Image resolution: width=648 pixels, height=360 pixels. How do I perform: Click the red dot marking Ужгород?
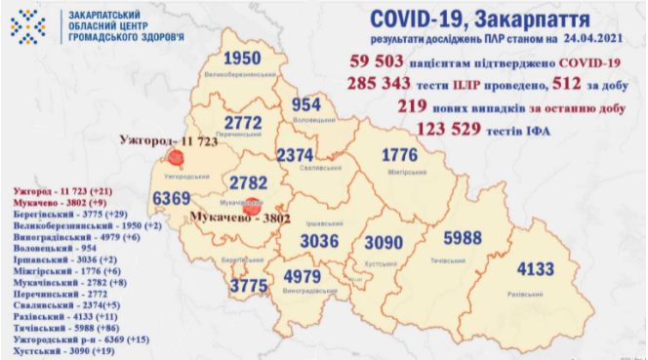(x=176, y=157)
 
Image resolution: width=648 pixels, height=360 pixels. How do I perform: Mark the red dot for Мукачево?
(x=251, y=206)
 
